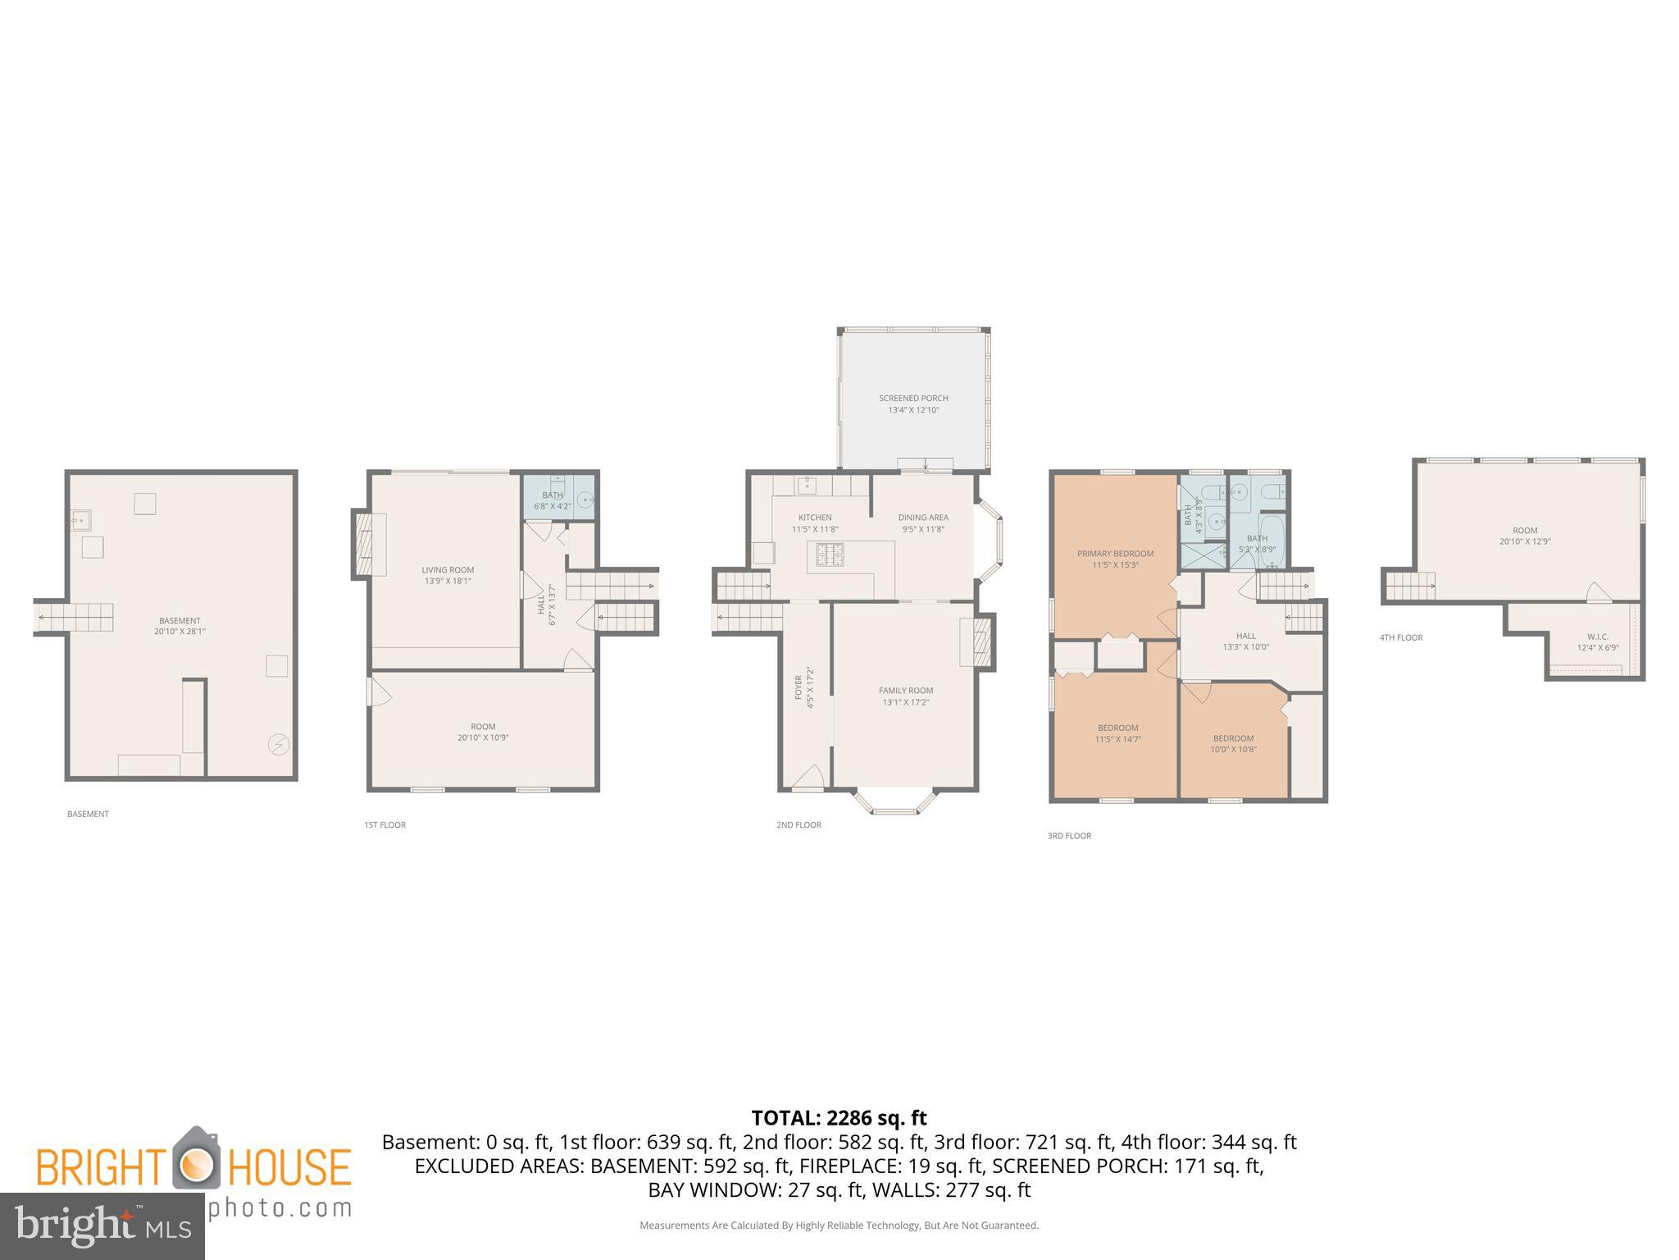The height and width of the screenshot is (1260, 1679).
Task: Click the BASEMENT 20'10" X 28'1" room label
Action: [179, 626]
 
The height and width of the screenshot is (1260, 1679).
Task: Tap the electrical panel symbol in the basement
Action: [279, 744]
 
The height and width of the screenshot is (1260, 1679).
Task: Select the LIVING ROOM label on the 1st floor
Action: [448, 575]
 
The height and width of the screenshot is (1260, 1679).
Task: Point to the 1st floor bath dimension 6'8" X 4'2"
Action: [552, 506]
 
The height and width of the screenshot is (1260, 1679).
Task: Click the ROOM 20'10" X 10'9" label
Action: [483, 732]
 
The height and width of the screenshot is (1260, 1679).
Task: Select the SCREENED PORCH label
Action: [913, 404]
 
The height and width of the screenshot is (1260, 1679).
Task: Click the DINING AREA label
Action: [923, 523]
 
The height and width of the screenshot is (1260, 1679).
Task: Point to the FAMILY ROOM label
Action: [906, 696]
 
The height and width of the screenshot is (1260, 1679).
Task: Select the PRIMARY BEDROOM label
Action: [1115, 559]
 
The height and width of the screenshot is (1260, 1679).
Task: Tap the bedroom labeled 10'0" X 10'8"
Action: [1233, 743]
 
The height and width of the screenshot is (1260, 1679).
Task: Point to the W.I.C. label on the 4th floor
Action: [1597, 641]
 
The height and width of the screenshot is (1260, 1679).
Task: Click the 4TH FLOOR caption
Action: [1401, 637]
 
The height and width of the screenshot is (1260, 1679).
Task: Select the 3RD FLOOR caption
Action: [1069, 836]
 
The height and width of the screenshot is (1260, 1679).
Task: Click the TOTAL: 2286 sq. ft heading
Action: [839, 1117]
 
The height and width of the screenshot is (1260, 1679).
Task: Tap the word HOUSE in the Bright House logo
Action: [289, 1166]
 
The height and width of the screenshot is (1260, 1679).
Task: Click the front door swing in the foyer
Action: [809, 778]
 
